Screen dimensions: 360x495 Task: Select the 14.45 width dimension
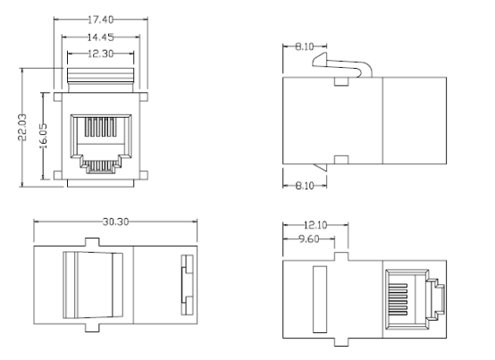pyautogui.click(x=100, y=38)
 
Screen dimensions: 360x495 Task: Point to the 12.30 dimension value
pyautogui.click(x=100, y=54)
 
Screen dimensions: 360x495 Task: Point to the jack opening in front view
pyautogui.click(x=100, y=142)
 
